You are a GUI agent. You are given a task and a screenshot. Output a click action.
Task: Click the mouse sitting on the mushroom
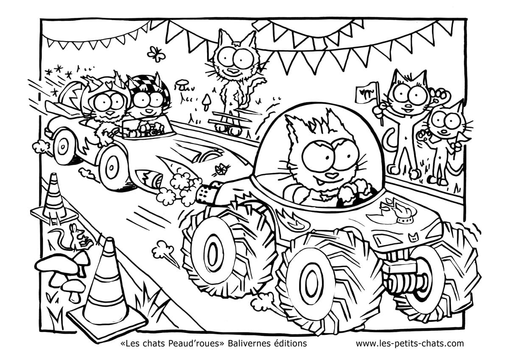pos(76,238)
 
